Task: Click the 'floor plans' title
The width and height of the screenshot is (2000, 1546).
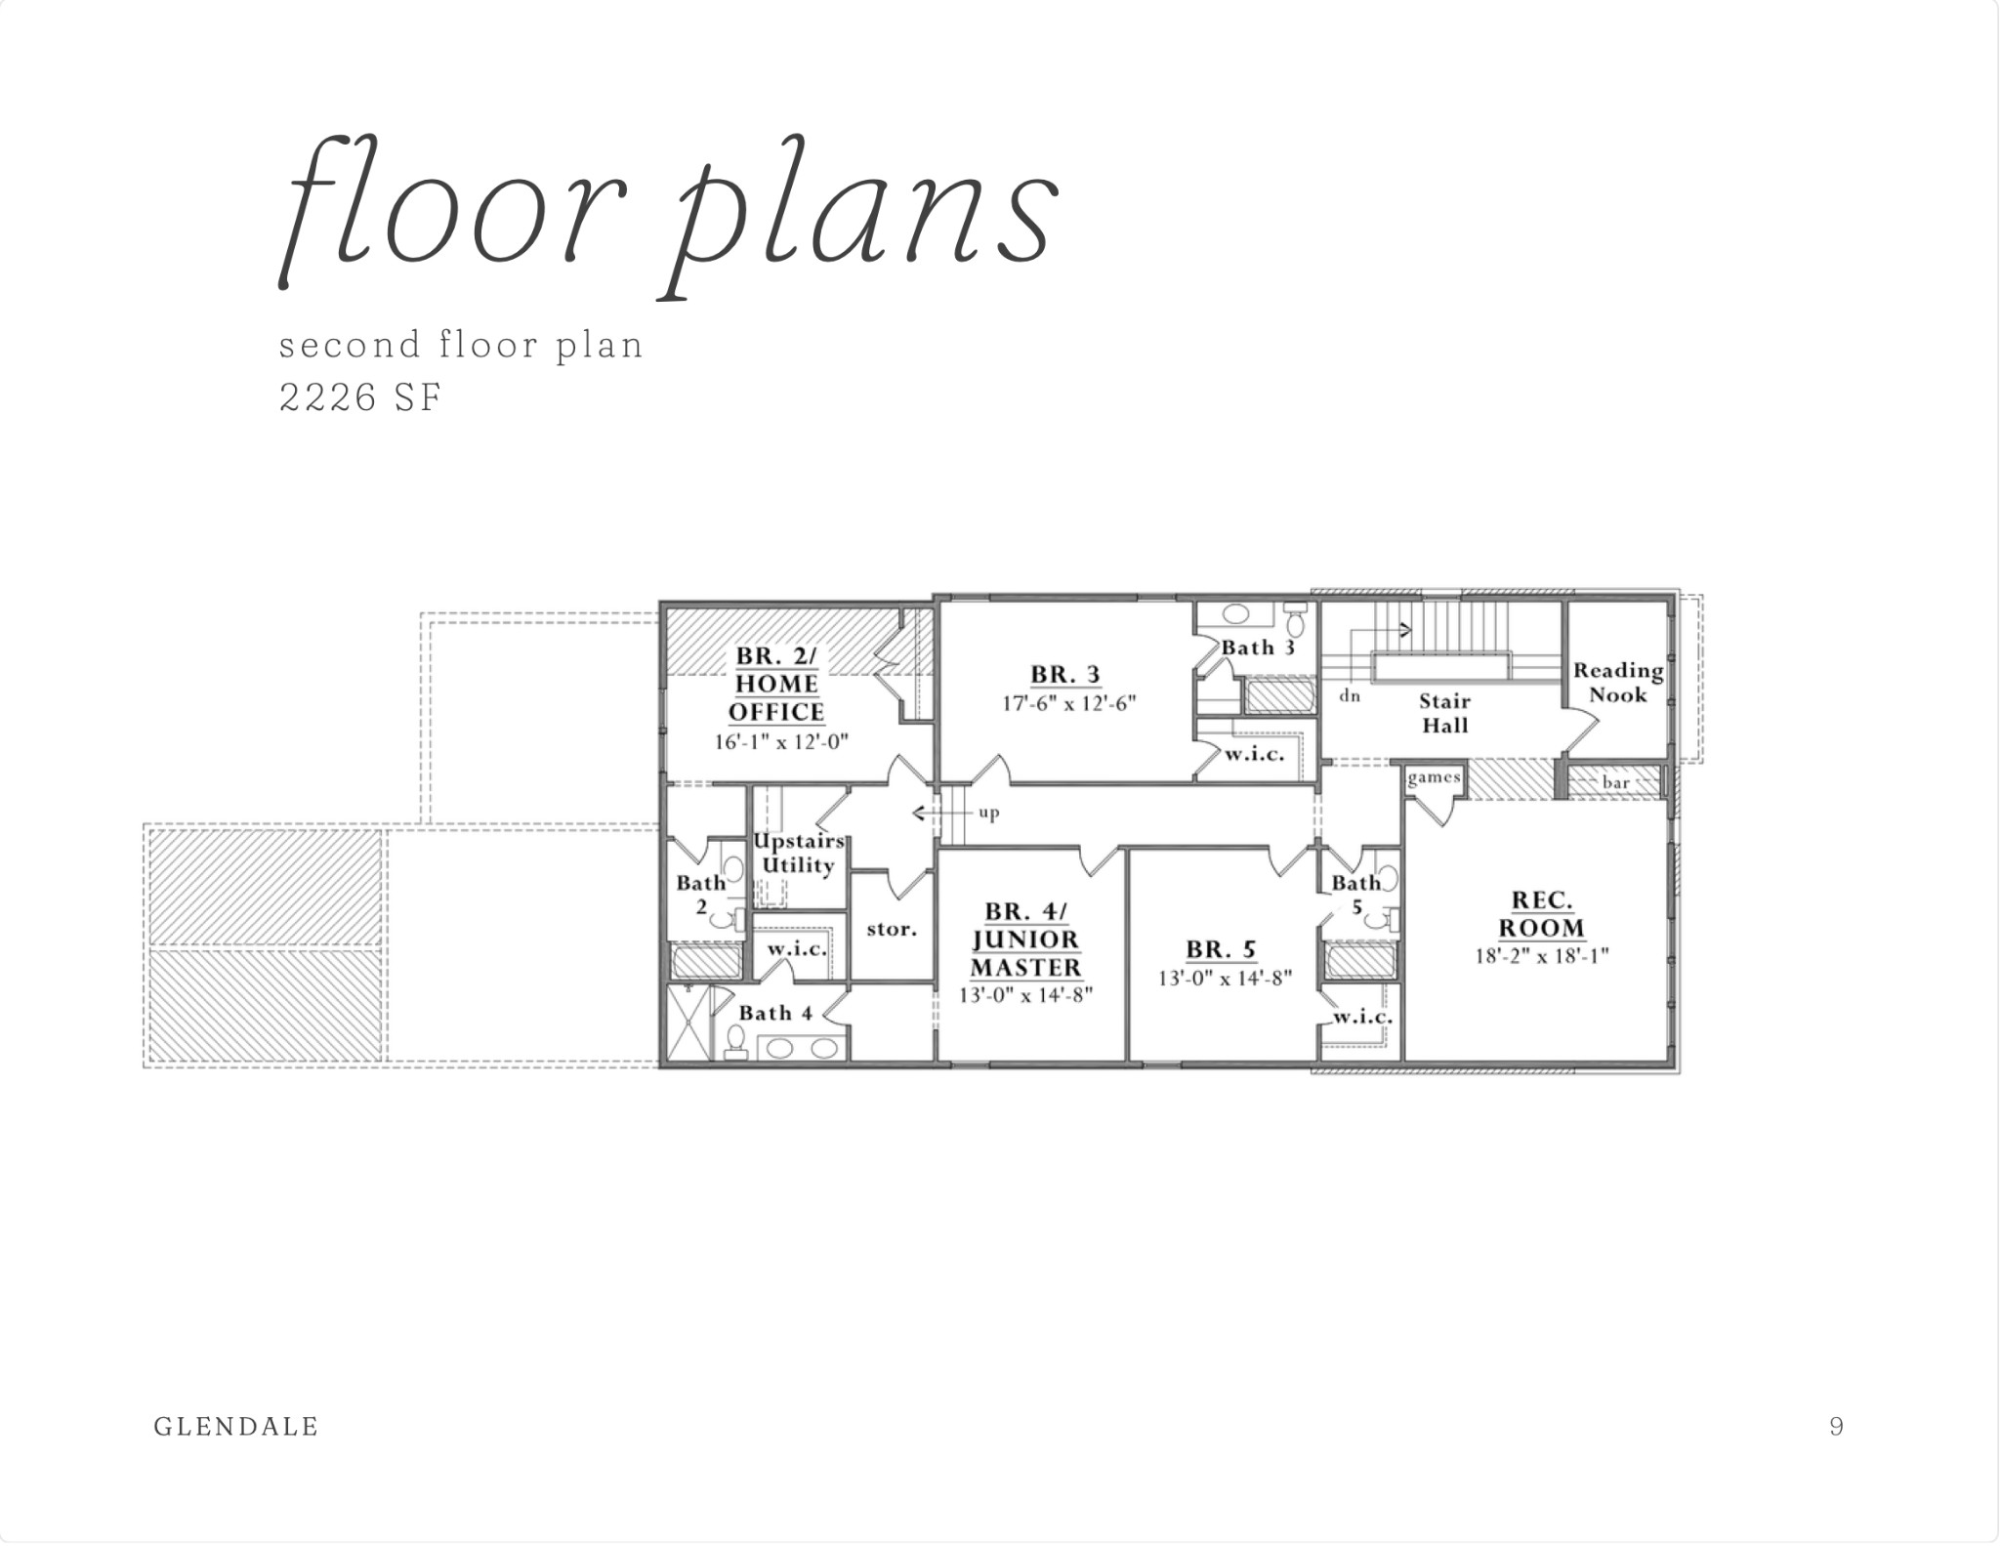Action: pos(668,216)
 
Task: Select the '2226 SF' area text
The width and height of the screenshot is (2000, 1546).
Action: pos(360,397)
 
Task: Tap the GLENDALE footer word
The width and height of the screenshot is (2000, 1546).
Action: pos(236,1427)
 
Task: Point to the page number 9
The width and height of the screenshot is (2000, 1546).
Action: pos(1837,1427)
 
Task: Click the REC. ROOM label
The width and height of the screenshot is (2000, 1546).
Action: pos(1542,914)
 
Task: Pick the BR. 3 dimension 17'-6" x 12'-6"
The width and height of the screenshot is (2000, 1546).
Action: pos(1069,703)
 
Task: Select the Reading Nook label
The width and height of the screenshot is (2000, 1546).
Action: pos(1618,683)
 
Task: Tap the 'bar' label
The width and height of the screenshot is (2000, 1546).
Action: pos(1615,782)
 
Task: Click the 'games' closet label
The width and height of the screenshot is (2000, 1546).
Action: pos(1435,778)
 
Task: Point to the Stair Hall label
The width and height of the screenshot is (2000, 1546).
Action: pos(1445,713)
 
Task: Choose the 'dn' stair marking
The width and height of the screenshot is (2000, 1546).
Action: pos(1350,696)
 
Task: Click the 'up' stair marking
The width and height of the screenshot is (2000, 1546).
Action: pos(988,813)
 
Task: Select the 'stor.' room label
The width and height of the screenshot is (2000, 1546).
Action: pos(892,929)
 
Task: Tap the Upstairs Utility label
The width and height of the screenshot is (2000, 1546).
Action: pos(798,854)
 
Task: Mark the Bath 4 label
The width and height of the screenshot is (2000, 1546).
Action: pos(775,1013)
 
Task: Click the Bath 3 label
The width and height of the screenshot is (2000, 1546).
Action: pos(1258,648)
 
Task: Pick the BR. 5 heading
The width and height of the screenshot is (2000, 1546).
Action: pos(1221,948)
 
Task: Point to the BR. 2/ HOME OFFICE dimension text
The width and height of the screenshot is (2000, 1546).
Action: pos(781,742)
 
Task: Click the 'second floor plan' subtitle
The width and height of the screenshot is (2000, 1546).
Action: pos(461,346)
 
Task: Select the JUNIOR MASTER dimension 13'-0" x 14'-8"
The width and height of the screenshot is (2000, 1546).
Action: pos(1024,996)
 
